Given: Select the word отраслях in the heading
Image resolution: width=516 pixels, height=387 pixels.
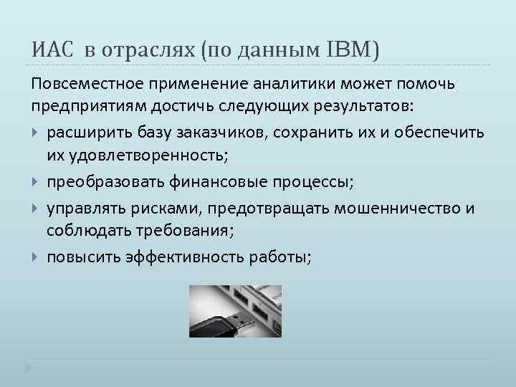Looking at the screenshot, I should (x=149, y=50).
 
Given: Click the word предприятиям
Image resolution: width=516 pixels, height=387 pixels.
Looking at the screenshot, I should (x=85, y=107).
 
